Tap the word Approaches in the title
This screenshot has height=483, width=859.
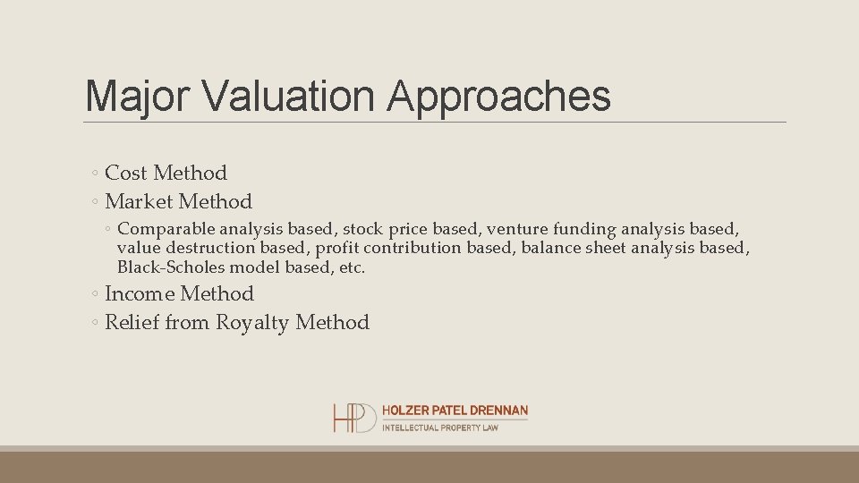(499, 96)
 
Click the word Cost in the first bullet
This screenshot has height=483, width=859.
(126, 173)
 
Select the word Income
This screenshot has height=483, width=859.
(140, 293)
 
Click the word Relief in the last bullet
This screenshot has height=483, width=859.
(132, 322)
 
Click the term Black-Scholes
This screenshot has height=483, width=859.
(171, 267)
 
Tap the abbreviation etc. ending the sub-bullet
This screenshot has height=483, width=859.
(351, 267)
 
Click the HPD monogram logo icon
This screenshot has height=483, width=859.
(354, 418)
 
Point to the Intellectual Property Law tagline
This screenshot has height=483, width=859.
(439, 428)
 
